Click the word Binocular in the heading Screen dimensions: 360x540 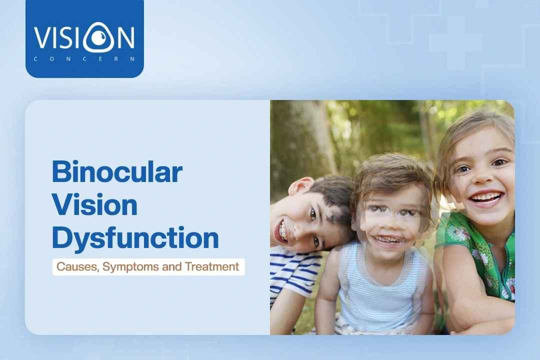(117, 172)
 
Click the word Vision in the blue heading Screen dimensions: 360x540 (94, 205)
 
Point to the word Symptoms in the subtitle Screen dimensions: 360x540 (130, 267)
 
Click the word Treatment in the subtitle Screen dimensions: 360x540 (212, 267)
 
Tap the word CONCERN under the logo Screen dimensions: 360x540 (84, 58)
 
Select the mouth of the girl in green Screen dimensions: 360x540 (485, 197)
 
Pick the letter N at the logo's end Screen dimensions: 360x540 (123, 38)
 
